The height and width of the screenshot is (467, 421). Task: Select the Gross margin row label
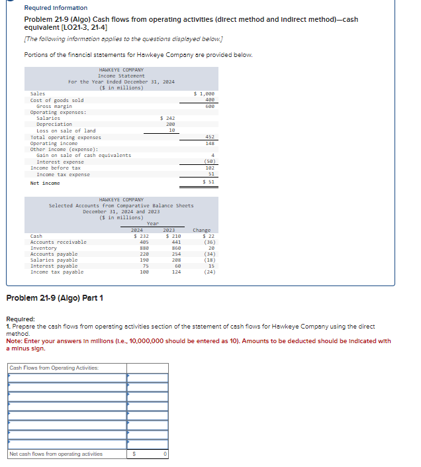[x=54, y=106]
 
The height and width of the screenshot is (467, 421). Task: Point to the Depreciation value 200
[x=170, y=124]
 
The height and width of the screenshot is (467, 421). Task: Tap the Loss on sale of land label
[x=66, y=130]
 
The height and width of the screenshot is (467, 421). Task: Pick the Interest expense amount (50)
[x=209, y=162]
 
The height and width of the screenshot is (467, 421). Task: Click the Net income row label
[x=45, y=183]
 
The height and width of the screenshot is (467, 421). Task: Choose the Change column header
[x=201, y=231]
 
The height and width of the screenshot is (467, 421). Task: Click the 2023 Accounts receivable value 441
[x=176, y=242]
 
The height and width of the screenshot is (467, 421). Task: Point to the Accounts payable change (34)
[x=209, y=254]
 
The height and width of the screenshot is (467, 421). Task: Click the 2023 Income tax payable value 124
[x=176, y=272]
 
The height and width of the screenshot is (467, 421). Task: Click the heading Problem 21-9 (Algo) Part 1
[x=54, y=298]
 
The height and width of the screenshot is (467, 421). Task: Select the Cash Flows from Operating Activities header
[x=54, y=368]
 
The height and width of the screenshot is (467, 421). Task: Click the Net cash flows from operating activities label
[x=56, y=454]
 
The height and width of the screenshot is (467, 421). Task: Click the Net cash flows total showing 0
[x=165, y=454]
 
